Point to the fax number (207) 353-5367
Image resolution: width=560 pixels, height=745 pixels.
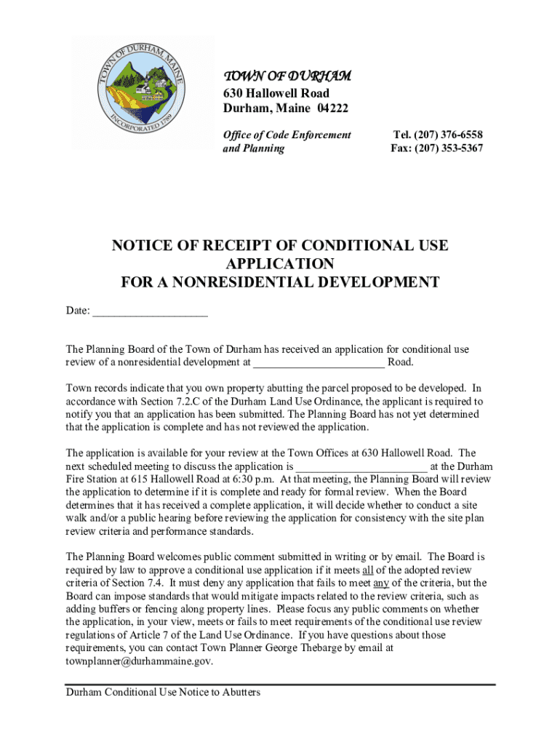click(x=449, y=148)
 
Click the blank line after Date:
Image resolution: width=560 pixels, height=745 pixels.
click(x=150, y=311)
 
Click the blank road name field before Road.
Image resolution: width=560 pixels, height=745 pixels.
click(x=319, y=362)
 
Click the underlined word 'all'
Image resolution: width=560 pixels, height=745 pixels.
click(x=369, y=570)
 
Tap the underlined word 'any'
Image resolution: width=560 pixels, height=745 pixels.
click(x=381, y=583)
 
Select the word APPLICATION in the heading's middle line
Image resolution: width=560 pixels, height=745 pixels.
click(x=280, y=263)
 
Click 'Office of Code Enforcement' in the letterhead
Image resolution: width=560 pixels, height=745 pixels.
click(x=287, y=135)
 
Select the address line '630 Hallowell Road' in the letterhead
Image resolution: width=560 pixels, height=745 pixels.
click(x=276, y=93)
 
